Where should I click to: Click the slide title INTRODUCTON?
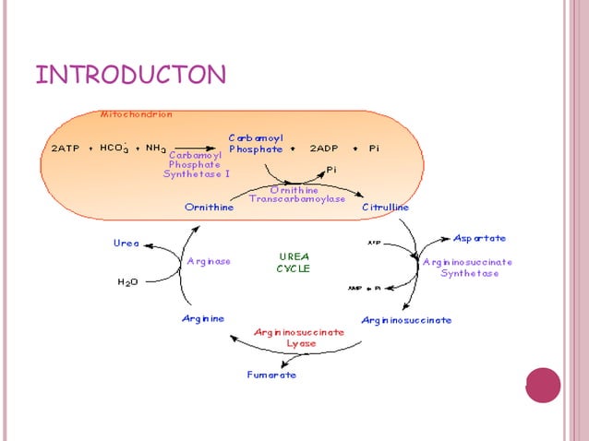[x=130, y=74]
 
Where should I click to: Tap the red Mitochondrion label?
[x=136, y=114]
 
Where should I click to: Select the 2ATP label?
[x=65, y=148]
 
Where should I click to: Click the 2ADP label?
[x=324, y=148]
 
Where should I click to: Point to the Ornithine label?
[x=209, y=208]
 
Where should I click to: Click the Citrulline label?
[x=385, y=208]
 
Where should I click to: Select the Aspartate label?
[x=479, y=238]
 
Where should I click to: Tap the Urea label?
[x=126, y=244]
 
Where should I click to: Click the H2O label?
[x=128, y=282]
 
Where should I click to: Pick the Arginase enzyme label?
[x=209, y=261]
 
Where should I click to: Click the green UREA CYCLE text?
[x=294, y=262]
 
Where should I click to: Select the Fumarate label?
[x=271, y=375]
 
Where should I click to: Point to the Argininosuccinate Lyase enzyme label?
[x=299, y=337]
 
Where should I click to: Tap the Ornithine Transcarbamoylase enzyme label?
[x=296, y=195]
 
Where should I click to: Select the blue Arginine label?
[x=202, y=319]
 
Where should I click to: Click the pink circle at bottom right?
[x=543, y=386]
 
